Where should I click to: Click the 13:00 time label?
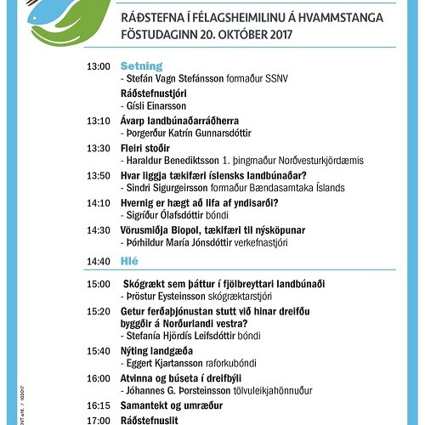(99, 66)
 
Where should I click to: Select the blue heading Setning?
(139, 65)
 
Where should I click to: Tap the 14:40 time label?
(99, 261)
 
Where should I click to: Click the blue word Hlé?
(130, 260)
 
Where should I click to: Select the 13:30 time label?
(99, 148)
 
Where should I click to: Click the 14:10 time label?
(99, 202)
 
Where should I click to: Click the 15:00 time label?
(99, 283)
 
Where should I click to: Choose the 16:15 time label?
(99, 405)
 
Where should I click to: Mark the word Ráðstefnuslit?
(152, 420)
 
